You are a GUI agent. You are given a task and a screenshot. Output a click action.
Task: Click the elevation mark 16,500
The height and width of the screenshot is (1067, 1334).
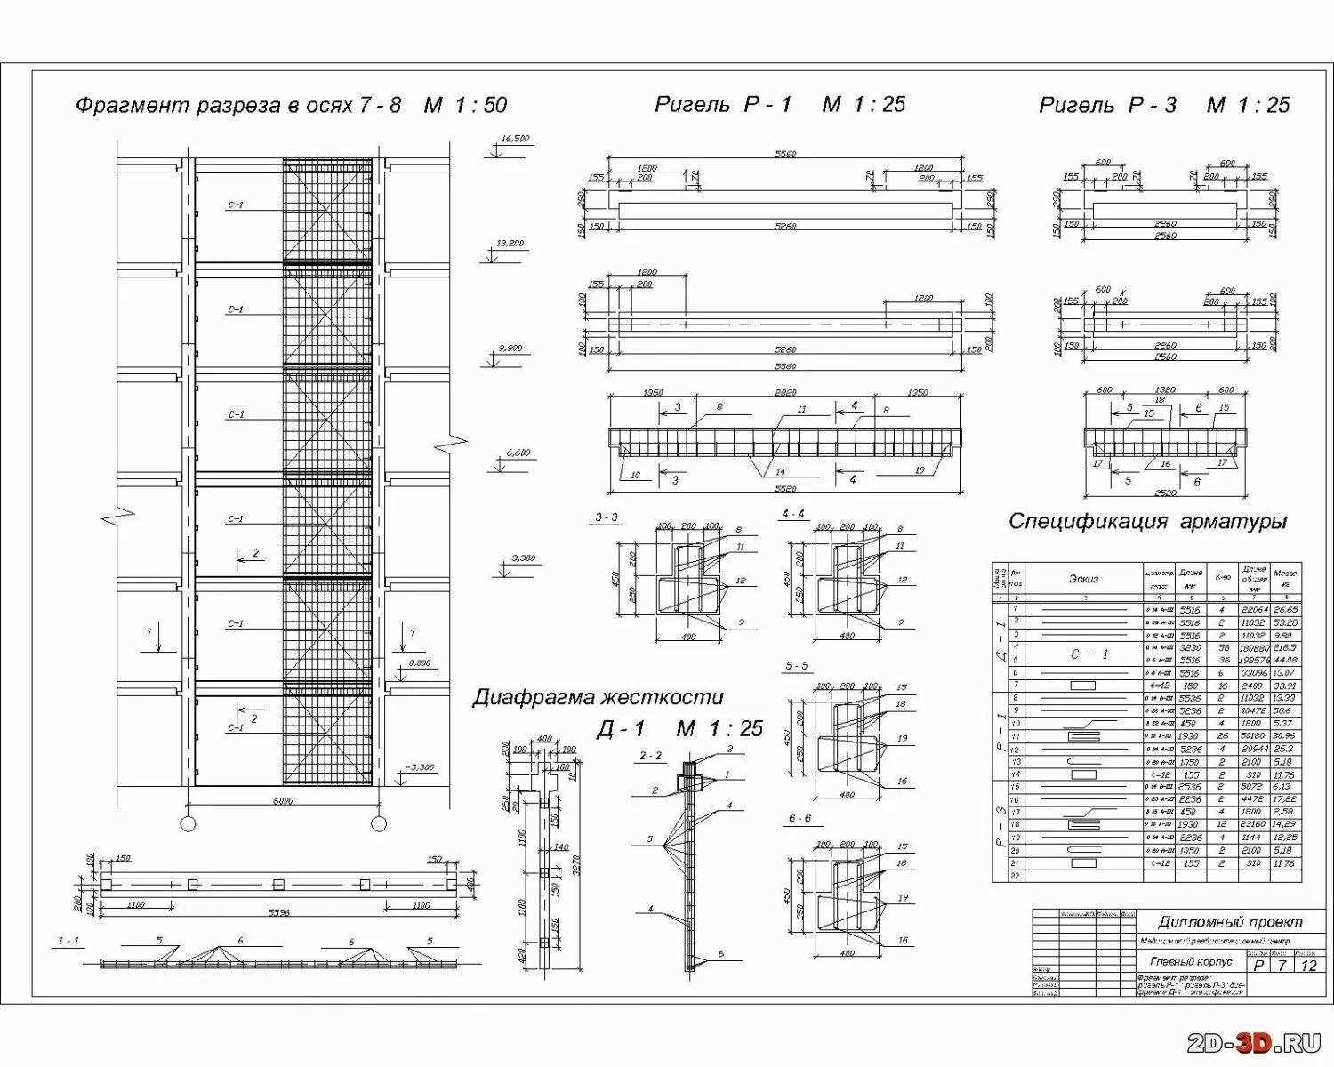(515, 139)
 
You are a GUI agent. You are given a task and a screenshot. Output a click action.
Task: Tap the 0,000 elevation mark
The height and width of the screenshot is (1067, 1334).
(419, 663)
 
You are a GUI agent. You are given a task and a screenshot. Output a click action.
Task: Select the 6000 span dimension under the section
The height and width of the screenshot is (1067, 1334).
(283, 801)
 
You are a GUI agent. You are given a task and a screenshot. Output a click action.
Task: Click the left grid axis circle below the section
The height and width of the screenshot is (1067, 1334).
(188, 823)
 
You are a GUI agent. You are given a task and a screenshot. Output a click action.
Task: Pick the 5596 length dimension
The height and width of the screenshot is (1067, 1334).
(278, 913)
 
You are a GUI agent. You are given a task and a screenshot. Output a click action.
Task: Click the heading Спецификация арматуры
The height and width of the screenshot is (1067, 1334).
(1147, 522)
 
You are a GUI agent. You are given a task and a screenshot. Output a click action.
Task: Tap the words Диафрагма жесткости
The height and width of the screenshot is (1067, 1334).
(598, 697)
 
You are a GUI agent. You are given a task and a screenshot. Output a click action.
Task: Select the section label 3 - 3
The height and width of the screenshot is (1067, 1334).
(606, 517)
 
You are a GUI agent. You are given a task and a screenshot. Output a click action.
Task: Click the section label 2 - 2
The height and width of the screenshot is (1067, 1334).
(650, 757)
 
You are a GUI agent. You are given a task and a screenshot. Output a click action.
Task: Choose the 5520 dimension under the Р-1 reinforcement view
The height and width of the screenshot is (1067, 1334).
(785, 489)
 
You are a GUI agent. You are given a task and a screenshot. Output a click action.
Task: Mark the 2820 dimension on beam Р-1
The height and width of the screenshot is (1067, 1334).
(785, 392)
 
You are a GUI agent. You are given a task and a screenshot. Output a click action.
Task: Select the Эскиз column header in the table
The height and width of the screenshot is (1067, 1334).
(1083, 579)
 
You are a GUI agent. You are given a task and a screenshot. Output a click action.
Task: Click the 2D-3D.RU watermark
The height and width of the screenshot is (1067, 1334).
(1254, 1043)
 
